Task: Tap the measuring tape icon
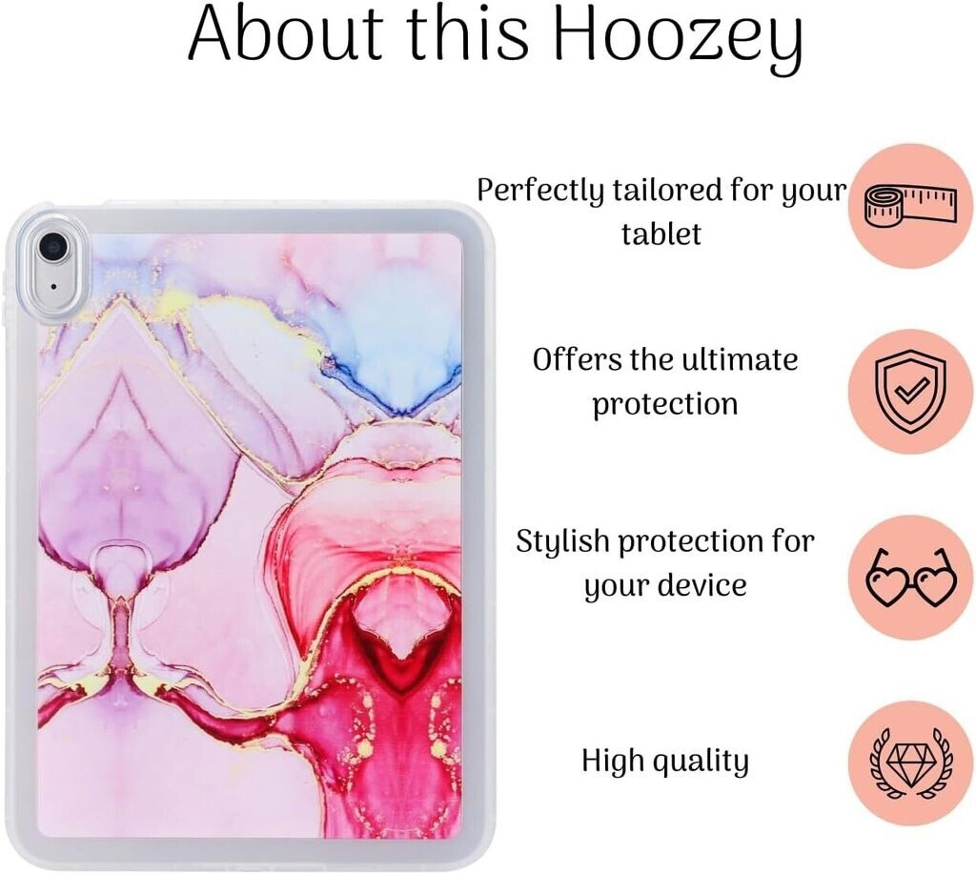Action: (910, 206)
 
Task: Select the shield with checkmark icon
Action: (910, 391)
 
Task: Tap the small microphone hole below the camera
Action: (53, 287)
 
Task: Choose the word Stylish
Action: (562, 541)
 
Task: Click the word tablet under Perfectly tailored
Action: (661, 234)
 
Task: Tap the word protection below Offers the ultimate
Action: (664, 405)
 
